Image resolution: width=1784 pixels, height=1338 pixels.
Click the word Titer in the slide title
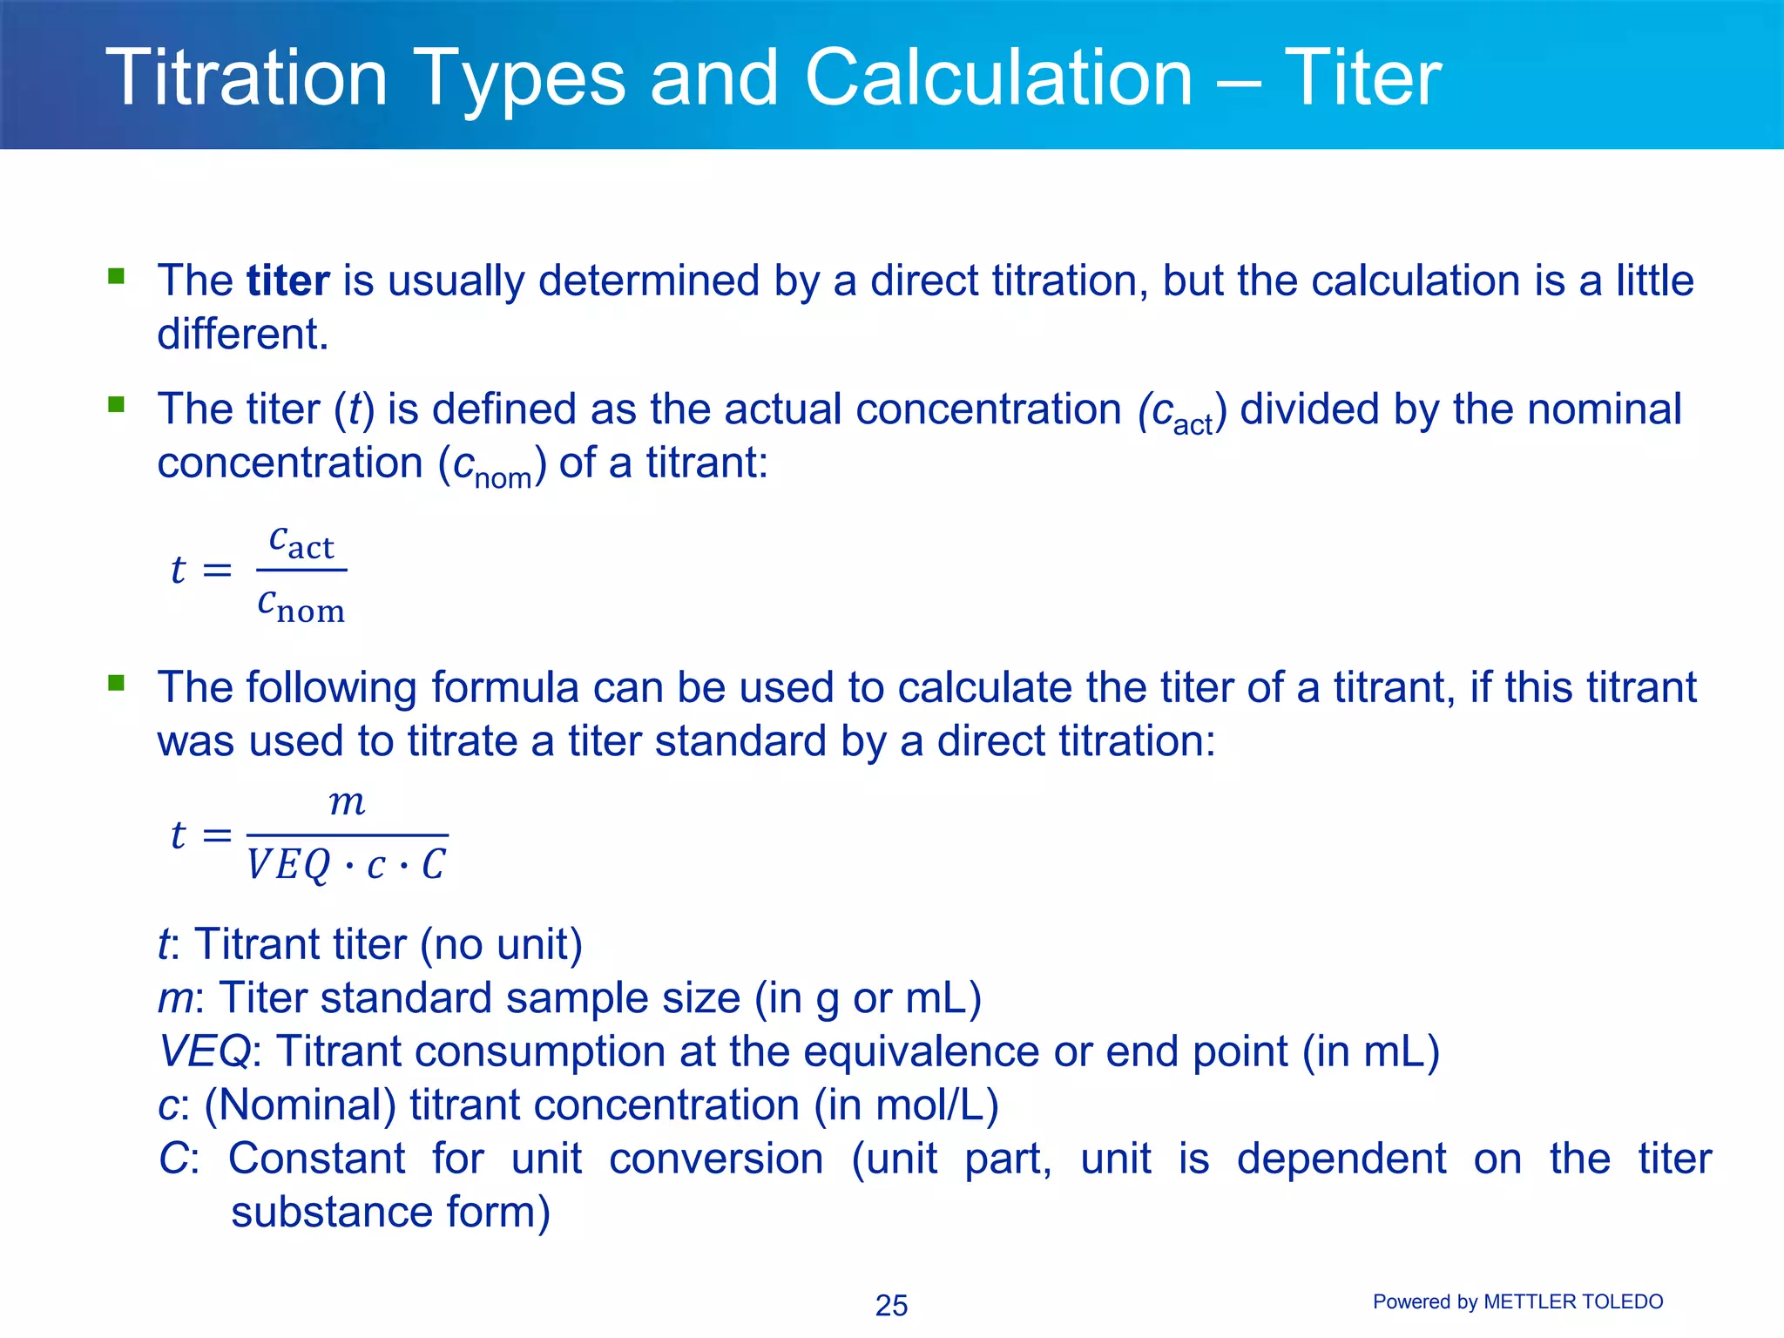(x=1362, y=78)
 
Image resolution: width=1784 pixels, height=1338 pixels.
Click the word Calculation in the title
(x=998, y=78)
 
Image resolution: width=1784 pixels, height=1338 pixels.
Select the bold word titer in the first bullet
(x=287, y=281)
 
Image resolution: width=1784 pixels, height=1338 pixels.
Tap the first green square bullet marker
(x=116, y=277)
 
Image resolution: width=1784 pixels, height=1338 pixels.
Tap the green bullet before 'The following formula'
(x=116, y=683)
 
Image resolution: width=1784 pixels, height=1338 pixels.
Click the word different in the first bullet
(x=242, y=334)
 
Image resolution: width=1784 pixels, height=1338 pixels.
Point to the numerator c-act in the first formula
(x=301, y=543)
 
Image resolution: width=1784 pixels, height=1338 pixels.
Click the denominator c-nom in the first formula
(x=301, y=605)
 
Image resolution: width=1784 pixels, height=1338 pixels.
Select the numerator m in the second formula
(x=347, y=802)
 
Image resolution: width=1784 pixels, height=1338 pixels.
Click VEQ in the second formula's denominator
(x=288, y=866)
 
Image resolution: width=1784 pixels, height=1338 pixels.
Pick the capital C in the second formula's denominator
(x=433, y=865)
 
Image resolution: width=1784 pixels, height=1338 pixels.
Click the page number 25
(x=891, y=1306)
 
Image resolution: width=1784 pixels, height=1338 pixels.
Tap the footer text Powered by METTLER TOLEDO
(x=1517, y=1302)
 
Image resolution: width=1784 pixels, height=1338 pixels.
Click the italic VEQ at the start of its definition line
(x=204, y=1051)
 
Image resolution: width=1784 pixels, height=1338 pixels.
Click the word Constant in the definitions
(x=317, y=1159)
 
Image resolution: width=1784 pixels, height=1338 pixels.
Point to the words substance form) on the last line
(x=390, y=1213)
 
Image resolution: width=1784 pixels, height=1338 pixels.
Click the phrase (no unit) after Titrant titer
(x=501, y=945)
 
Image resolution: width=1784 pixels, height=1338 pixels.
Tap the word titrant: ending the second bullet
(x=706, y=463)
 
